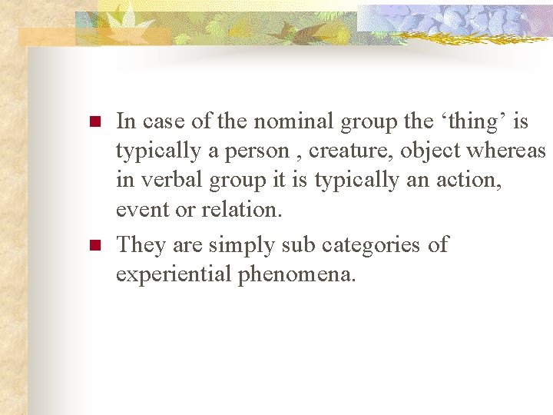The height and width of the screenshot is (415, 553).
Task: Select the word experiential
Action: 174,274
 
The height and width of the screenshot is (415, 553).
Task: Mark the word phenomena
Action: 296,274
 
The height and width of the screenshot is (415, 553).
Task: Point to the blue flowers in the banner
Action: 453,19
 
